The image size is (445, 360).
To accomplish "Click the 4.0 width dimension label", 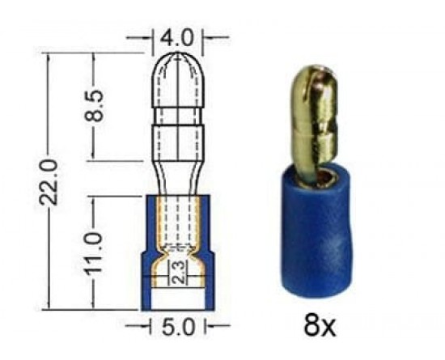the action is (176, 37).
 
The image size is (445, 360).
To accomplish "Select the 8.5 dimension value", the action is (94, 105).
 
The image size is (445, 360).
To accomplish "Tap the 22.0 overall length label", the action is (49, 182).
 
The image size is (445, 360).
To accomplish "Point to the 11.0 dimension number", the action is (93, 253).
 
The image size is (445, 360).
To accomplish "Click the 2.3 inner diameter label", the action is (179, 272).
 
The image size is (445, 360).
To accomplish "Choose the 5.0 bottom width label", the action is (179, 327).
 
